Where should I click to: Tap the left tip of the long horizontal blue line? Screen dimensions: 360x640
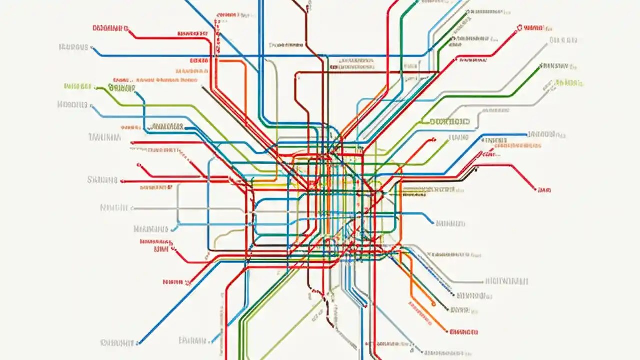pos(94,49)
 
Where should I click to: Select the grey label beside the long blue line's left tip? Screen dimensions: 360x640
pos(73,47)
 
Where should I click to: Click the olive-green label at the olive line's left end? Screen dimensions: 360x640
pos(78,86)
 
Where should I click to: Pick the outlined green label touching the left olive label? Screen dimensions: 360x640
pos(121,89)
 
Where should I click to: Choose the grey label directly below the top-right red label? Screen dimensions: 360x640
pos(563,40)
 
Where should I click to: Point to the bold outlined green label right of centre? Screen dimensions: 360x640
pos(450,121)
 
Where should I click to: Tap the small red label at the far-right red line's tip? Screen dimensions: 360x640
pos(544,190)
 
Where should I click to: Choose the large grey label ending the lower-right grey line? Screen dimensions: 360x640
pos(506,281)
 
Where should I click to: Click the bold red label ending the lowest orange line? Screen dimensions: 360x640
pos(464,331)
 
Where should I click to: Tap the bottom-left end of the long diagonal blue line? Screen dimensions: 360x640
pos(139,343)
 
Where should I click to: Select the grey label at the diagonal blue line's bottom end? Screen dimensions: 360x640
pos(117,343)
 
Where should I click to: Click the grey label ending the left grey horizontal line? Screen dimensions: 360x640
pos(115,207)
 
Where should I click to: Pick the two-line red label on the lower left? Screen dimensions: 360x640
pos(156,244)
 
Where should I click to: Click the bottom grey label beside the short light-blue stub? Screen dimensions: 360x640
pos(192,341)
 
